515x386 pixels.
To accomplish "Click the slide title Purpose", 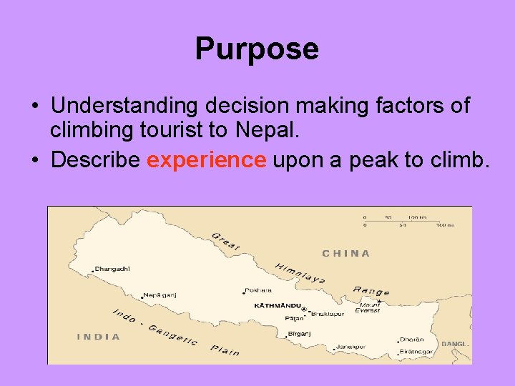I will tap(257, 49).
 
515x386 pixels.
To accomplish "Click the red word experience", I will tap(206, 160).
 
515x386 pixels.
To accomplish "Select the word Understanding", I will tap(124, 106).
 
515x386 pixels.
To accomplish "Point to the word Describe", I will tap(95, 160).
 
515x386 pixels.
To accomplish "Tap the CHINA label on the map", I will tap(346, 253).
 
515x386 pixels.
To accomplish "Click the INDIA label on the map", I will tap(99, 336).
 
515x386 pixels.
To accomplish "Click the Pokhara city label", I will tap(258, 290).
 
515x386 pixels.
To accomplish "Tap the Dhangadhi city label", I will tap(113, 269).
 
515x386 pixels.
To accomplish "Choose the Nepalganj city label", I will tap(160, 295).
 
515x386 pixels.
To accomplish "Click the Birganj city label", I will tap(299, 333).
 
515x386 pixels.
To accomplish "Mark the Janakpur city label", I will tap(350, 347).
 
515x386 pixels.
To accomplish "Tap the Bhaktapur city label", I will tap(328, 313).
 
